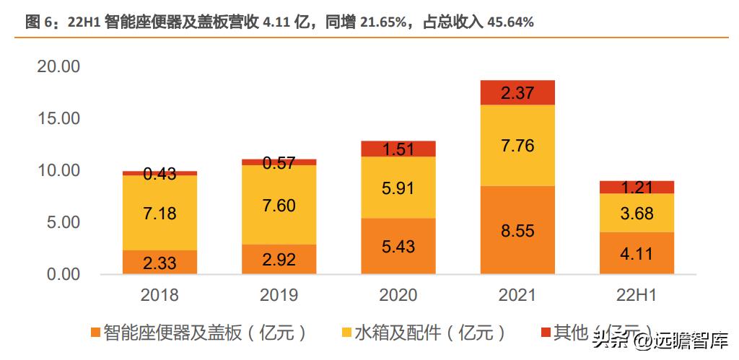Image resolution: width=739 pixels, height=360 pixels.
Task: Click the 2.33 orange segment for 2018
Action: [x=159, y=262]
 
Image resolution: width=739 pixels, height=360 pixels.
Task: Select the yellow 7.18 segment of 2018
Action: [x=159, y=213]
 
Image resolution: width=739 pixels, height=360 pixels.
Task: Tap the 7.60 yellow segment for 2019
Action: [x=279, y=205]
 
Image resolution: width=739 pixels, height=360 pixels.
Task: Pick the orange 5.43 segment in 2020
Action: [x=398, y=246]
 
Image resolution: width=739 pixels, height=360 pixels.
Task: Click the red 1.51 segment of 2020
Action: [x=398, y=149]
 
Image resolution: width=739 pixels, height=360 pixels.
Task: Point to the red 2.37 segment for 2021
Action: [x=517, y=92]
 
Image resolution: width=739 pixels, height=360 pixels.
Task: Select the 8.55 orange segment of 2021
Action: [x=517, y=230]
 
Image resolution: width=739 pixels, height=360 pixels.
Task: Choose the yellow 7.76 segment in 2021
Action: [x=517, y=146]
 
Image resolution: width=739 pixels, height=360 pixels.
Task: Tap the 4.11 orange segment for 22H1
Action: [x=637, y=253]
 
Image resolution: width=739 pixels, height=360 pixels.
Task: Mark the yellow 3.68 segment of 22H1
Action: [x=637, y=213]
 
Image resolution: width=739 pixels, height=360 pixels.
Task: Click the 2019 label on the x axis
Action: [x=279, y=295]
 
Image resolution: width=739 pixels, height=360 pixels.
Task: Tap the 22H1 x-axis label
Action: [x=637, y=295]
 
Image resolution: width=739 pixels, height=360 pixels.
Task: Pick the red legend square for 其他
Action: [x=546, y=333]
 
